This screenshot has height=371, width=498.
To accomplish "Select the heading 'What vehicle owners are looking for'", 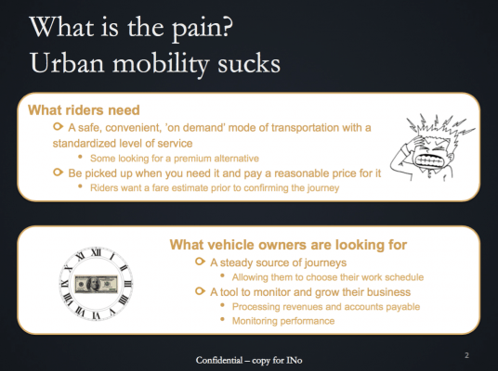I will point(291,245).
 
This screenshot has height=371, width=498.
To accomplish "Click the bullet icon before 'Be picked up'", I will point(58,173).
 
